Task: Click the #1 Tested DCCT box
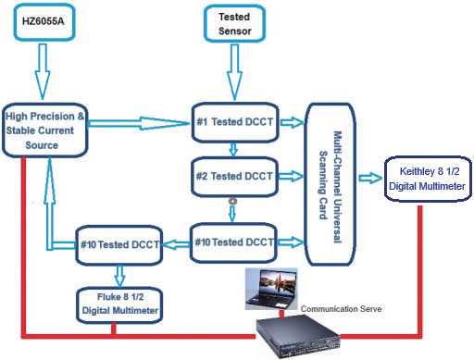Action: [x=233, y=120]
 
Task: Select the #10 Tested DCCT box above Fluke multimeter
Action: [x=118, y=243]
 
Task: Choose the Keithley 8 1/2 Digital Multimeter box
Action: [x=428, y=179]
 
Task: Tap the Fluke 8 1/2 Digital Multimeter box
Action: [x=118, y=302]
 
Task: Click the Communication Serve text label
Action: [x=331, y=305]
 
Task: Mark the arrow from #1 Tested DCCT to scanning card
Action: [x=292, y=120]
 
